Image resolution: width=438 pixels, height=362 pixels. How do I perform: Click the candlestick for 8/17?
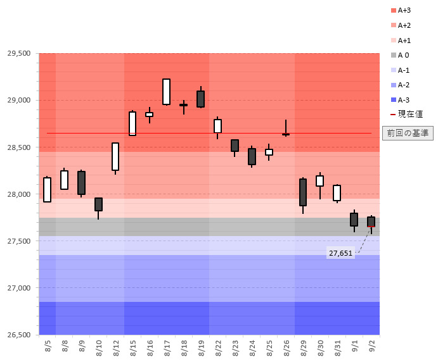point(166,92)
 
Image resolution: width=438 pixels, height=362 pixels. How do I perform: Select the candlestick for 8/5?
point(48,189)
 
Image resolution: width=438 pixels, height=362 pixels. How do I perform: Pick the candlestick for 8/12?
point(115,156)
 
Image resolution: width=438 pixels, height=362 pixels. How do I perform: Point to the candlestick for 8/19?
point(200,99)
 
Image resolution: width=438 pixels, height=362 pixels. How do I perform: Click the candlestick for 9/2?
point(371,222)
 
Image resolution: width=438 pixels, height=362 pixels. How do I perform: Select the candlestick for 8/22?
point(217,126)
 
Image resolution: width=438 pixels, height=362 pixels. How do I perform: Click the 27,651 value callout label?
point(340,253)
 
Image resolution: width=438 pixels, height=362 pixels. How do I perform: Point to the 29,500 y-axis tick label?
point(19,53)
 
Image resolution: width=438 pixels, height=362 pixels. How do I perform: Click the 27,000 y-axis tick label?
point(19,288)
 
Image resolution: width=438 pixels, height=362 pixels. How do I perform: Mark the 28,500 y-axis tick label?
point(19,147)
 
